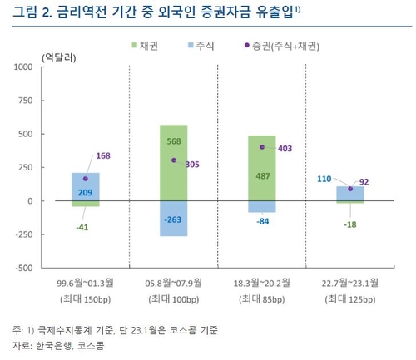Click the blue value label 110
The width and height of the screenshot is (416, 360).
[328, 179]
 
